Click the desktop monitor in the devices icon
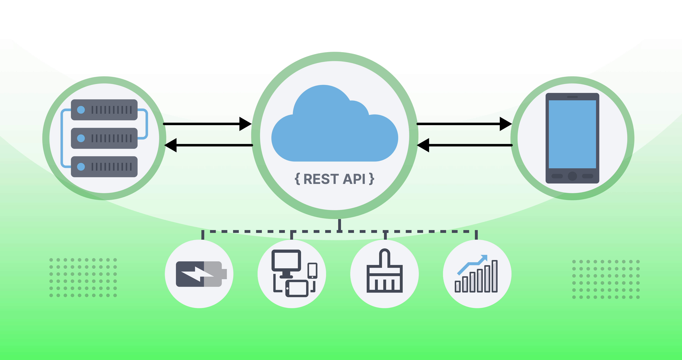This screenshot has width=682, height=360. click(286, 261)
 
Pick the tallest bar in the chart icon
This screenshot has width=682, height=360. click(494, 276)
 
